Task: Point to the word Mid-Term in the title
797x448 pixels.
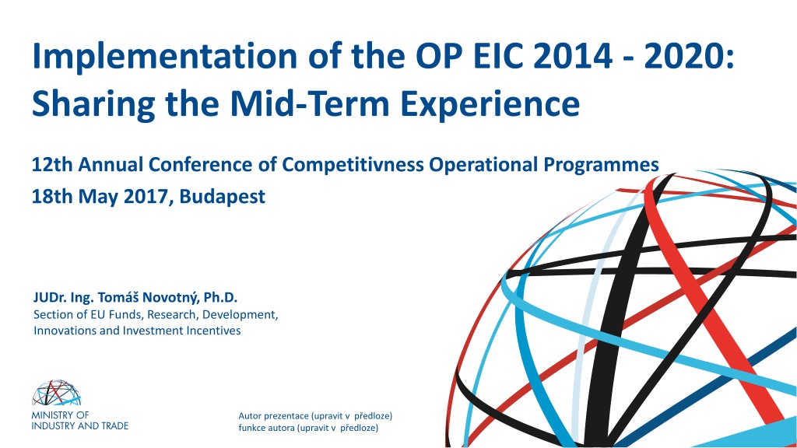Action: pyautogui.click(x=310, y=103)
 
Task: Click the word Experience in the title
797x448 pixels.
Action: pyautogui.click(x=490, y=105)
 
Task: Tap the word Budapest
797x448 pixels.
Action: pyautogui.click(x=222, y=197)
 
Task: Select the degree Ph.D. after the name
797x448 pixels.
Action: pyautogui.click(x=220, y=297)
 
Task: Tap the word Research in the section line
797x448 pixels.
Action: pyautogui.click(x=173, y=315)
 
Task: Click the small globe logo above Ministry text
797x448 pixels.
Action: pyautogui.click(x=56, y=393)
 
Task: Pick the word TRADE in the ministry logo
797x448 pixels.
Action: pyautogui.click(x=115, y=425)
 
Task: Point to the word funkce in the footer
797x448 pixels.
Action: pyautogui.click(x=251, y=428)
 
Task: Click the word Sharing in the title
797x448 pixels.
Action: pyautogui.click(x=93, y=105)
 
